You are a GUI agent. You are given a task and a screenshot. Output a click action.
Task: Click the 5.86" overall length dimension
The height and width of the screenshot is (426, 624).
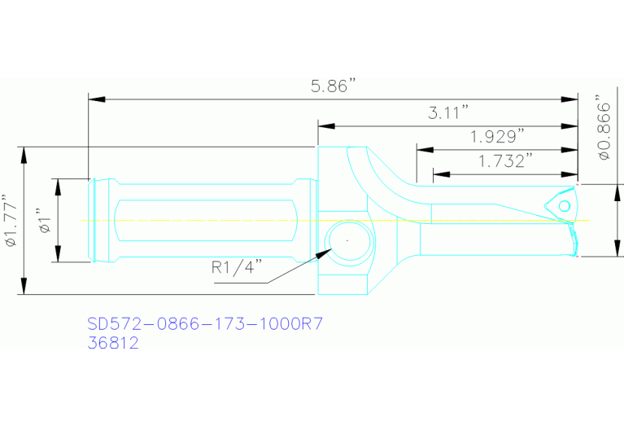click(334, 86)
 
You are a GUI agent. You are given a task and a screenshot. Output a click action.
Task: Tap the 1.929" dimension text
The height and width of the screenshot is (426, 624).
click(497, 136)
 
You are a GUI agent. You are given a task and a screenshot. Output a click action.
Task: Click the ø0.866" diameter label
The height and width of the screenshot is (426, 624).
click(603, 130)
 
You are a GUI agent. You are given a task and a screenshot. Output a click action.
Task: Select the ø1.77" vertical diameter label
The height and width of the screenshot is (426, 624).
click(10, 220)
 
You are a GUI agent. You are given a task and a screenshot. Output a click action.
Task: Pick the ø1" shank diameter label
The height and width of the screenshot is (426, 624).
click(46, 220)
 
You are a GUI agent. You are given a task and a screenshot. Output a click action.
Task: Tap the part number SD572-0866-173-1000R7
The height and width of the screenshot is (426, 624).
click(206, 324)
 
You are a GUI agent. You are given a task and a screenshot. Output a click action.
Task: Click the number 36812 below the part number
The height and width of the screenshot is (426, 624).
click(113, 343)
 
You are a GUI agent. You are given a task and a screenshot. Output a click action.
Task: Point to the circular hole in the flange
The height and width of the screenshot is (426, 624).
click(347, 241)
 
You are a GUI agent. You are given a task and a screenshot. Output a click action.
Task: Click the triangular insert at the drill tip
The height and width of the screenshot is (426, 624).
click(561, 204)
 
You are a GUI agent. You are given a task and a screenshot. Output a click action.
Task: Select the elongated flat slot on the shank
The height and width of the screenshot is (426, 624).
click(204, 221)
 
